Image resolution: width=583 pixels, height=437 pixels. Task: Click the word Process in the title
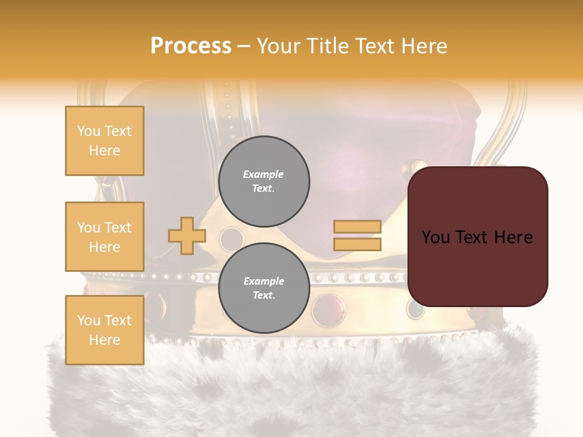point(191,46)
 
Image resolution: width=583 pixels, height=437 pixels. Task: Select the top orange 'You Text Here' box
point(104,141)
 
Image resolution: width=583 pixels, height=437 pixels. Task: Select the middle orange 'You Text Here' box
point(104,237)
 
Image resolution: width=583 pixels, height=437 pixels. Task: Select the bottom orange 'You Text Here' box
point(104,330)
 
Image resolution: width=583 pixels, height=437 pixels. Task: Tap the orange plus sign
point(187,235)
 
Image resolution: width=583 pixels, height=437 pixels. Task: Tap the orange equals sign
point(358,235)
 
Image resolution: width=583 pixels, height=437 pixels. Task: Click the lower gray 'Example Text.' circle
point(264,288)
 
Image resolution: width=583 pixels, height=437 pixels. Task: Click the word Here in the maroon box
point(513,237)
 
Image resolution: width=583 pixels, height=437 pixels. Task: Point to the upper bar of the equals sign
point(358,227)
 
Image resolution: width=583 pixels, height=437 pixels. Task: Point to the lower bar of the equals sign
point(358,245)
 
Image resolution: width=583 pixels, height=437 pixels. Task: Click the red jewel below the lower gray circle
point(328,310)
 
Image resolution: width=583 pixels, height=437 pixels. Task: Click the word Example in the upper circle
point(264,174)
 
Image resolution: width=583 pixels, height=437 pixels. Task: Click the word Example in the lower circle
point(264,281)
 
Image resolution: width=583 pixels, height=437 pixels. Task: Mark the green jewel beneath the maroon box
point(415,310)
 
